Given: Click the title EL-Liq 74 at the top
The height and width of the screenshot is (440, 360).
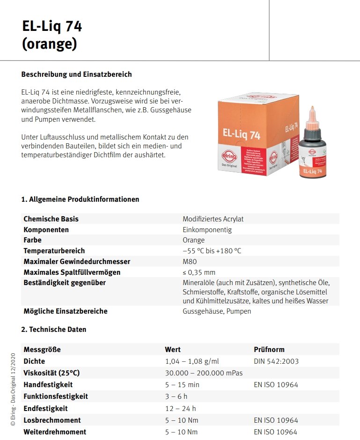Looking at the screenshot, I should tap(52, 27).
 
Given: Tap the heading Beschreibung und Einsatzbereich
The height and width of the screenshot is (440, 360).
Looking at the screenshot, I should tap(77, 74).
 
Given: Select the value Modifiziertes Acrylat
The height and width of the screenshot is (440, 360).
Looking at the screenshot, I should tap(213, 219).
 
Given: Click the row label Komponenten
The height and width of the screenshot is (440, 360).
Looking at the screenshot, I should tap(46, 230).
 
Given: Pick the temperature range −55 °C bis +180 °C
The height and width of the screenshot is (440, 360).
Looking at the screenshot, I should tap(212, 251).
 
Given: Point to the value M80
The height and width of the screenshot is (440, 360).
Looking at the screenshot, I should tap(190, 261).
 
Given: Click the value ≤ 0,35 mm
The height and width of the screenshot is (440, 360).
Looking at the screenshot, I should tap(199, 272).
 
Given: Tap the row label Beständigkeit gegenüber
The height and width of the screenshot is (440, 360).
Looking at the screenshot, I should tap(65, 283).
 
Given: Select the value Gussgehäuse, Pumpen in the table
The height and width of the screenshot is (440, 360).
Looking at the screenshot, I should tap(217, 311).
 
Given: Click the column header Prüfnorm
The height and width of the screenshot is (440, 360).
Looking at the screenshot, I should tap(269, 350).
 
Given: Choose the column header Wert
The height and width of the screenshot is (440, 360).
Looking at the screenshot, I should tap(173, 350).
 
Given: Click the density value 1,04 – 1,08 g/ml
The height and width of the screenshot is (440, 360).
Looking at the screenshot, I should tap(192, 361).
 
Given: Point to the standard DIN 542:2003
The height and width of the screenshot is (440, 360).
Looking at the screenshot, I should tap(276, 361).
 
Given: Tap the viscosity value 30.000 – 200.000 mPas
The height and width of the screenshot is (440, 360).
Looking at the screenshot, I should tap(204, 373).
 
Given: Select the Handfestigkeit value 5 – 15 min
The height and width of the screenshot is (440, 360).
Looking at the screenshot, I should tap(182, 385).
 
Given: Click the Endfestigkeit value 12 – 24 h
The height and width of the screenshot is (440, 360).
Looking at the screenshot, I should tap(181, 408).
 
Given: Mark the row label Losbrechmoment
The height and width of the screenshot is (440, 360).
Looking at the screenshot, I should tap(52, 420).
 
